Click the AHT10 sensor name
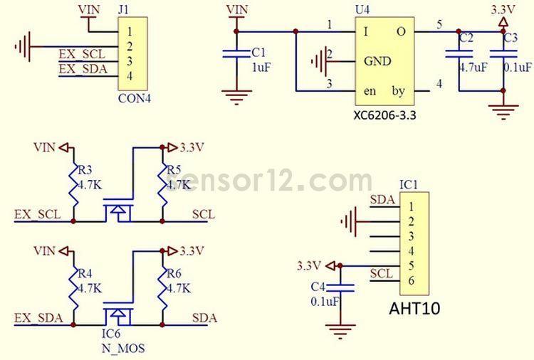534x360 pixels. click(x=414, y=309)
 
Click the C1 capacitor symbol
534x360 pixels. click(x=236, y=55)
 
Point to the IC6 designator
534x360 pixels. click(x=110, y=333)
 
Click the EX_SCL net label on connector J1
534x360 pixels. click(x=82, y=54)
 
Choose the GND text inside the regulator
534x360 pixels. click(x=377, y=61)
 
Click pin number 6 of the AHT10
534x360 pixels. click(x=412, y=281)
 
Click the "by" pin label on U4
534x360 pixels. click(x=399, y=90)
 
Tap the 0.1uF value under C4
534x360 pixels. click(x=324, y=301)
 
